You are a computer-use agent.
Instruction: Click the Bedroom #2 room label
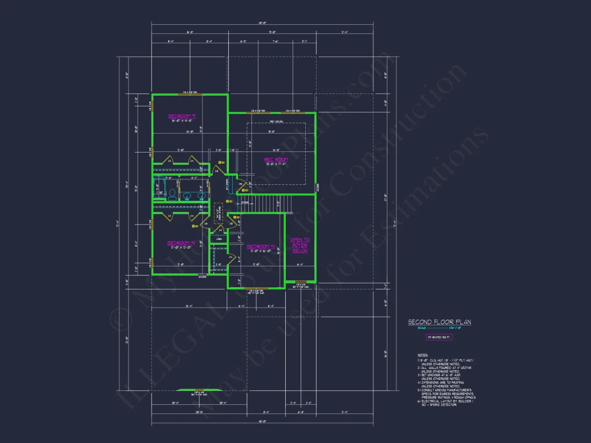[x=182, y=116]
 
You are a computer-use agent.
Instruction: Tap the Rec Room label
[x=276, y=159]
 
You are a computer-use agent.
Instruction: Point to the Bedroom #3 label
[x=261, y=247]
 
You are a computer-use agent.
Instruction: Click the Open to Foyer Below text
[x=300, y=245]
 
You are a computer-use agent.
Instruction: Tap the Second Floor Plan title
[x=439, y=322]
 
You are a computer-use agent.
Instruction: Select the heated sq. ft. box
[x=439, y=337]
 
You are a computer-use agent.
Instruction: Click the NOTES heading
[x=423, y=355]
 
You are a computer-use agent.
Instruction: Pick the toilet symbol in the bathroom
[x=172, y=194]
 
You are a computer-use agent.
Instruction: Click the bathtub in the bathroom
[x=158, y=187]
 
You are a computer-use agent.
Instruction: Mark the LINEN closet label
[x=219, y=239]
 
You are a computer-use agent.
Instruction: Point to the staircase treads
[x=266, y=202]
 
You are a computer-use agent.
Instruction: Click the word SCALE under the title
[x=422, y=328]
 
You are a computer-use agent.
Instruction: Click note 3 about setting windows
[x=444, y=376]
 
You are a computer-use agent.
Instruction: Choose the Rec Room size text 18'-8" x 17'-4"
[x=276, y=164]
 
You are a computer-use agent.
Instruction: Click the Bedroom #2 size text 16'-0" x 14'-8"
[x=182, y=121]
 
